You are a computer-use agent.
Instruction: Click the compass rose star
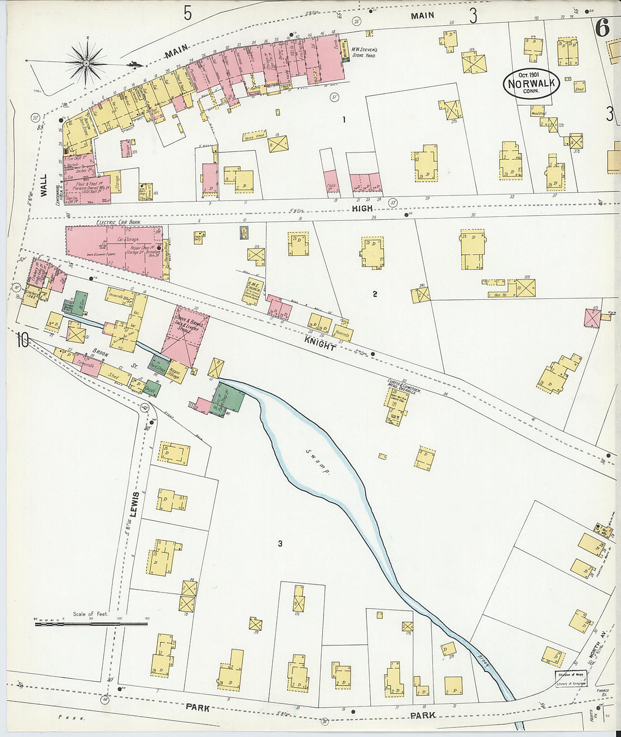86,63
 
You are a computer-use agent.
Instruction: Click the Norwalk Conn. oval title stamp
531,84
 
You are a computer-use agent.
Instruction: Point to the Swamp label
318,461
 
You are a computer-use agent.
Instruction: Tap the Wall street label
43,185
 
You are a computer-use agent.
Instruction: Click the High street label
362,208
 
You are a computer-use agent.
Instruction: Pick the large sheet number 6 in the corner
602,28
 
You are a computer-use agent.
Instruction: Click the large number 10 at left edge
23,340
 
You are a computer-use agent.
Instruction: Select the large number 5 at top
188,12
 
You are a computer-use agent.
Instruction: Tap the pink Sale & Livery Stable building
185,335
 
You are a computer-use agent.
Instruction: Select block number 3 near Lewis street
279,543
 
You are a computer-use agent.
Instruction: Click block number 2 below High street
374,294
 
